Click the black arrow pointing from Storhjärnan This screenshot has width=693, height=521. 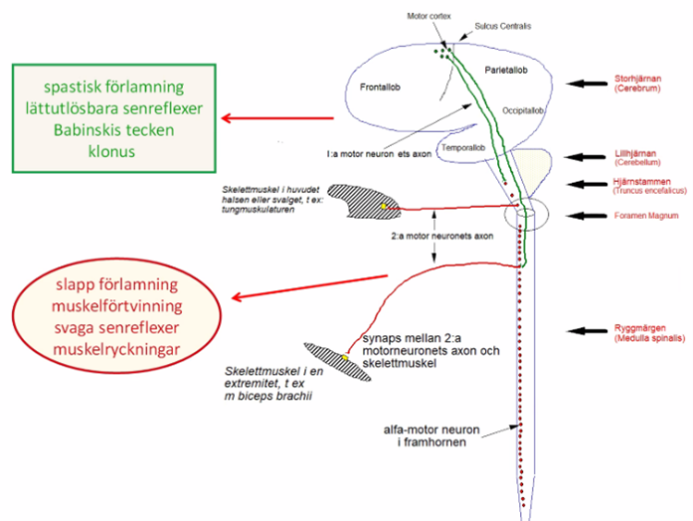[587, 87]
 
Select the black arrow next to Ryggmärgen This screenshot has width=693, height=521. [587, 331]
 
